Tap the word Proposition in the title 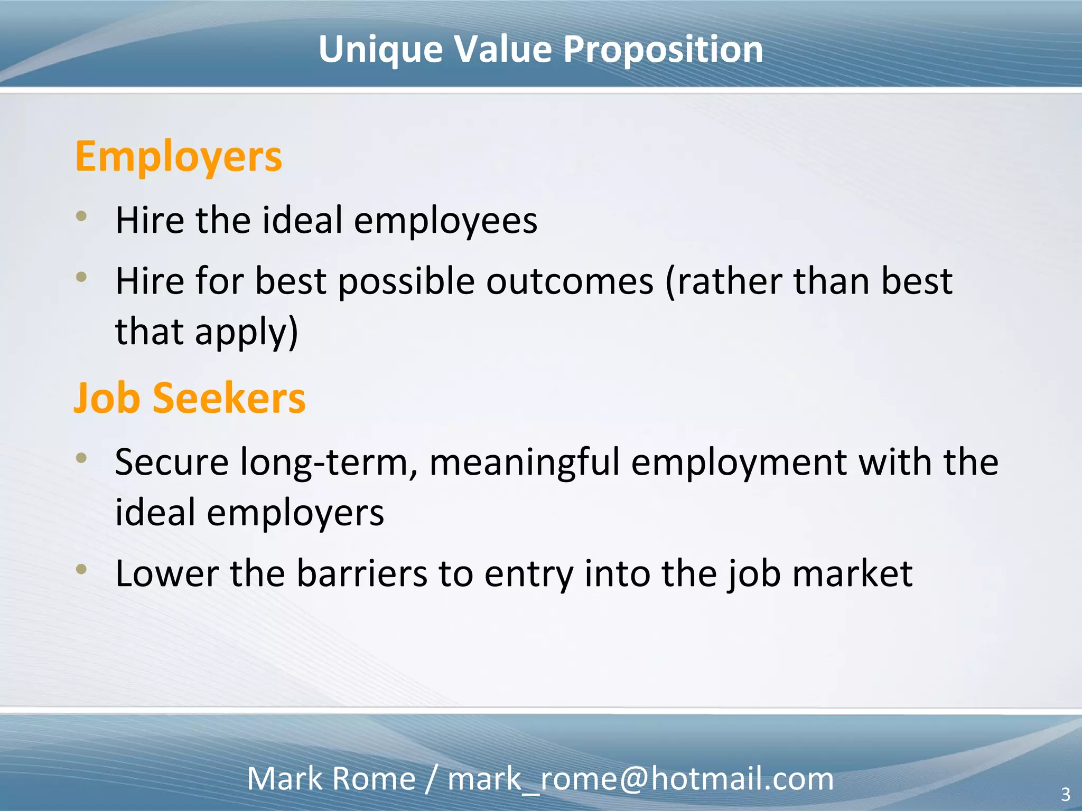pyautogui.click(x=663, y=50)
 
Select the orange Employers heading pyautogui.click(x=179, y=157)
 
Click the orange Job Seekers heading pyautogui.click(x=190, y=398)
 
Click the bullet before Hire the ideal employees pyautogui.click(x=81, y=215)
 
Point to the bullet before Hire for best pyautogui.click(x=81, y=276)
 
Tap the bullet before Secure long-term pyautogui.click(x=81, y=457)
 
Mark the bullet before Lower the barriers pyautogui.click(x=81, y=569)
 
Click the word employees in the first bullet pyautogui.click(x=445, y=221)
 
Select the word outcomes pyautogui.click(x=570, y=281)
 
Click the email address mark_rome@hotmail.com pyautogui.click(x=640, y=779)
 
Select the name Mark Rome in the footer pyautogui.click(x=331, y=779)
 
